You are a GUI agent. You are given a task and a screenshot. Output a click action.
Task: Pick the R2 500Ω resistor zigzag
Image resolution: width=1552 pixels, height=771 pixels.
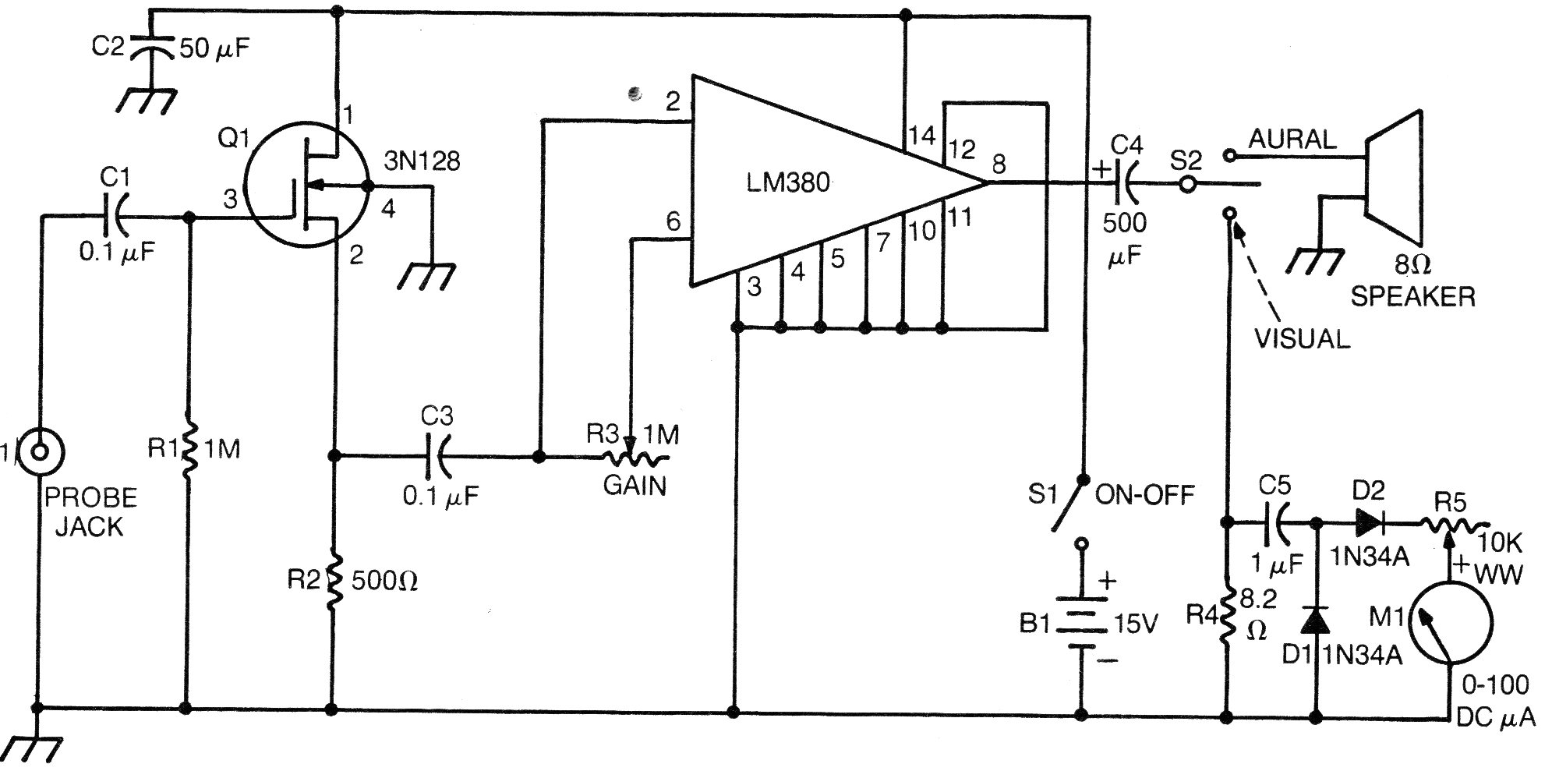pos(334,581)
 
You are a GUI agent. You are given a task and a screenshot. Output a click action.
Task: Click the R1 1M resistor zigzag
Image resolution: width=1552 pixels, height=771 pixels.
pos(187,450)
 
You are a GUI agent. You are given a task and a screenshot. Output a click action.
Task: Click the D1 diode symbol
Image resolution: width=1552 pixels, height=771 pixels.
pos(1317,621)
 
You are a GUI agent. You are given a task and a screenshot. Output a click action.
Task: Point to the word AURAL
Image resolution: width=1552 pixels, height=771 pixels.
pos(1292,140)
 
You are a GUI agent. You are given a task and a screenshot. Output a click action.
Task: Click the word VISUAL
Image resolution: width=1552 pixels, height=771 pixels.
pos(1301,338)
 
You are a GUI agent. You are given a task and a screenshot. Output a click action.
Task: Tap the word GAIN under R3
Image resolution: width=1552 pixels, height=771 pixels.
pos(635,486)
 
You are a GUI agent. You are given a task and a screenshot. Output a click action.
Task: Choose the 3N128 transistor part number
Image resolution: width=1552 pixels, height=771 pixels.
pos(422,161)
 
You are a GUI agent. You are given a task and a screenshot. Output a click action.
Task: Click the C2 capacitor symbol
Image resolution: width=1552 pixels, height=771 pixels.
pos(150,48)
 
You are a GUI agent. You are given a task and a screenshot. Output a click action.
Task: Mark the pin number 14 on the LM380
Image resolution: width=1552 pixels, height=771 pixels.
pos(921,136)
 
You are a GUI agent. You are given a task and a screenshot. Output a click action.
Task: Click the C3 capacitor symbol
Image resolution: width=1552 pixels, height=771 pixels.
pos(437,457)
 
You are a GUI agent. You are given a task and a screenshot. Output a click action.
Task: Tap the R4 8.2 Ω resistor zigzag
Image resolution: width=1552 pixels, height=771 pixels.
pos(1227,614)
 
